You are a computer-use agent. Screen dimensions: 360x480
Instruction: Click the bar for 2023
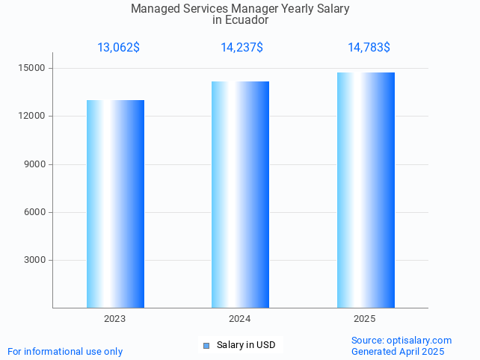(x=115, y=204)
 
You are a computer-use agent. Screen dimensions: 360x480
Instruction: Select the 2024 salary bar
(x=240, y=194)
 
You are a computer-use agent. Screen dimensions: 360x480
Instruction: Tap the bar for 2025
(x=366, y=190)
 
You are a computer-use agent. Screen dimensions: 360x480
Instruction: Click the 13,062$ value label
(x=118, y=48)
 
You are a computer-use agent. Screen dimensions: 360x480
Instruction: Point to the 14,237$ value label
(x=241, y=48)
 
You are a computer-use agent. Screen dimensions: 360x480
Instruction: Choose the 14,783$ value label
(x=369, y=48)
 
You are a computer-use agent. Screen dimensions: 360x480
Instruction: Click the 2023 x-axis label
(x=115, y=319)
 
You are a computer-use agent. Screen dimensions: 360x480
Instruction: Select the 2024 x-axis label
(x=240, y=319)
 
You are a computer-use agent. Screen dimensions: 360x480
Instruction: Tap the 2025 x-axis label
(x=365, y=319)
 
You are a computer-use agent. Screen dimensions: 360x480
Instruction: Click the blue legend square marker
(x=206, y=345)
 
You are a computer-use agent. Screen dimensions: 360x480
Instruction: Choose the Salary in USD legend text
(x=246, y=345)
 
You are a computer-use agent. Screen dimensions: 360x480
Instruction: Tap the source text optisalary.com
(x=419, y=340)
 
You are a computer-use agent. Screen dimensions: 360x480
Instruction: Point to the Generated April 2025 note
(x=398, y=351)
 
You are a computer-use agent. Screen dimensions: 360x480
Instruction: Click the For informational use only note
(x=65, y=351)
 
